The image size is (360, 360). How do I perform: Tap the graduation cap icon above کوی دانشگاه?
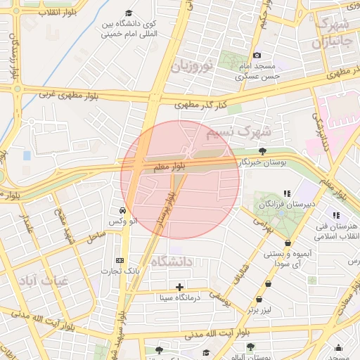point(128,13)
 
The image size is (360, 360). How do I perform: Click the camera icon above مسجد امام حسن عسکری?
point(257,56)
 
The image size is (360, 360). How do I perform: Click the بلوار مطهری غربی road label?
point(71,91)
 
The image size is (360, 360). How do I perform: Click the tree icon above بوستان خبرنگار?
point(262,150)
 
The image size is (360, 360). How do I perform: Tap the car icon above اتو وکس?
point(123,210)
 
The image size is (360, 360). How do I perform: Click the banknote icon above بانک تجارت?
point(119,260)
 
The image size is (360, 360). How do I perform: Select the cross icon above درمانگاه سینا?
point(180,287)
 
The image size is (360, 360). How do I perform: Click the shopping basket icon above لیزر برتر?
point(269,283)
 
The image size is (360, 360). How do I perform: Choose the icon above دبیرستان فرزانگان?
point(287,193)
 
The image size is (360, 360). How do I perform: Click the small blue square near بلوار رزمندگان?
point(27,155)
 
